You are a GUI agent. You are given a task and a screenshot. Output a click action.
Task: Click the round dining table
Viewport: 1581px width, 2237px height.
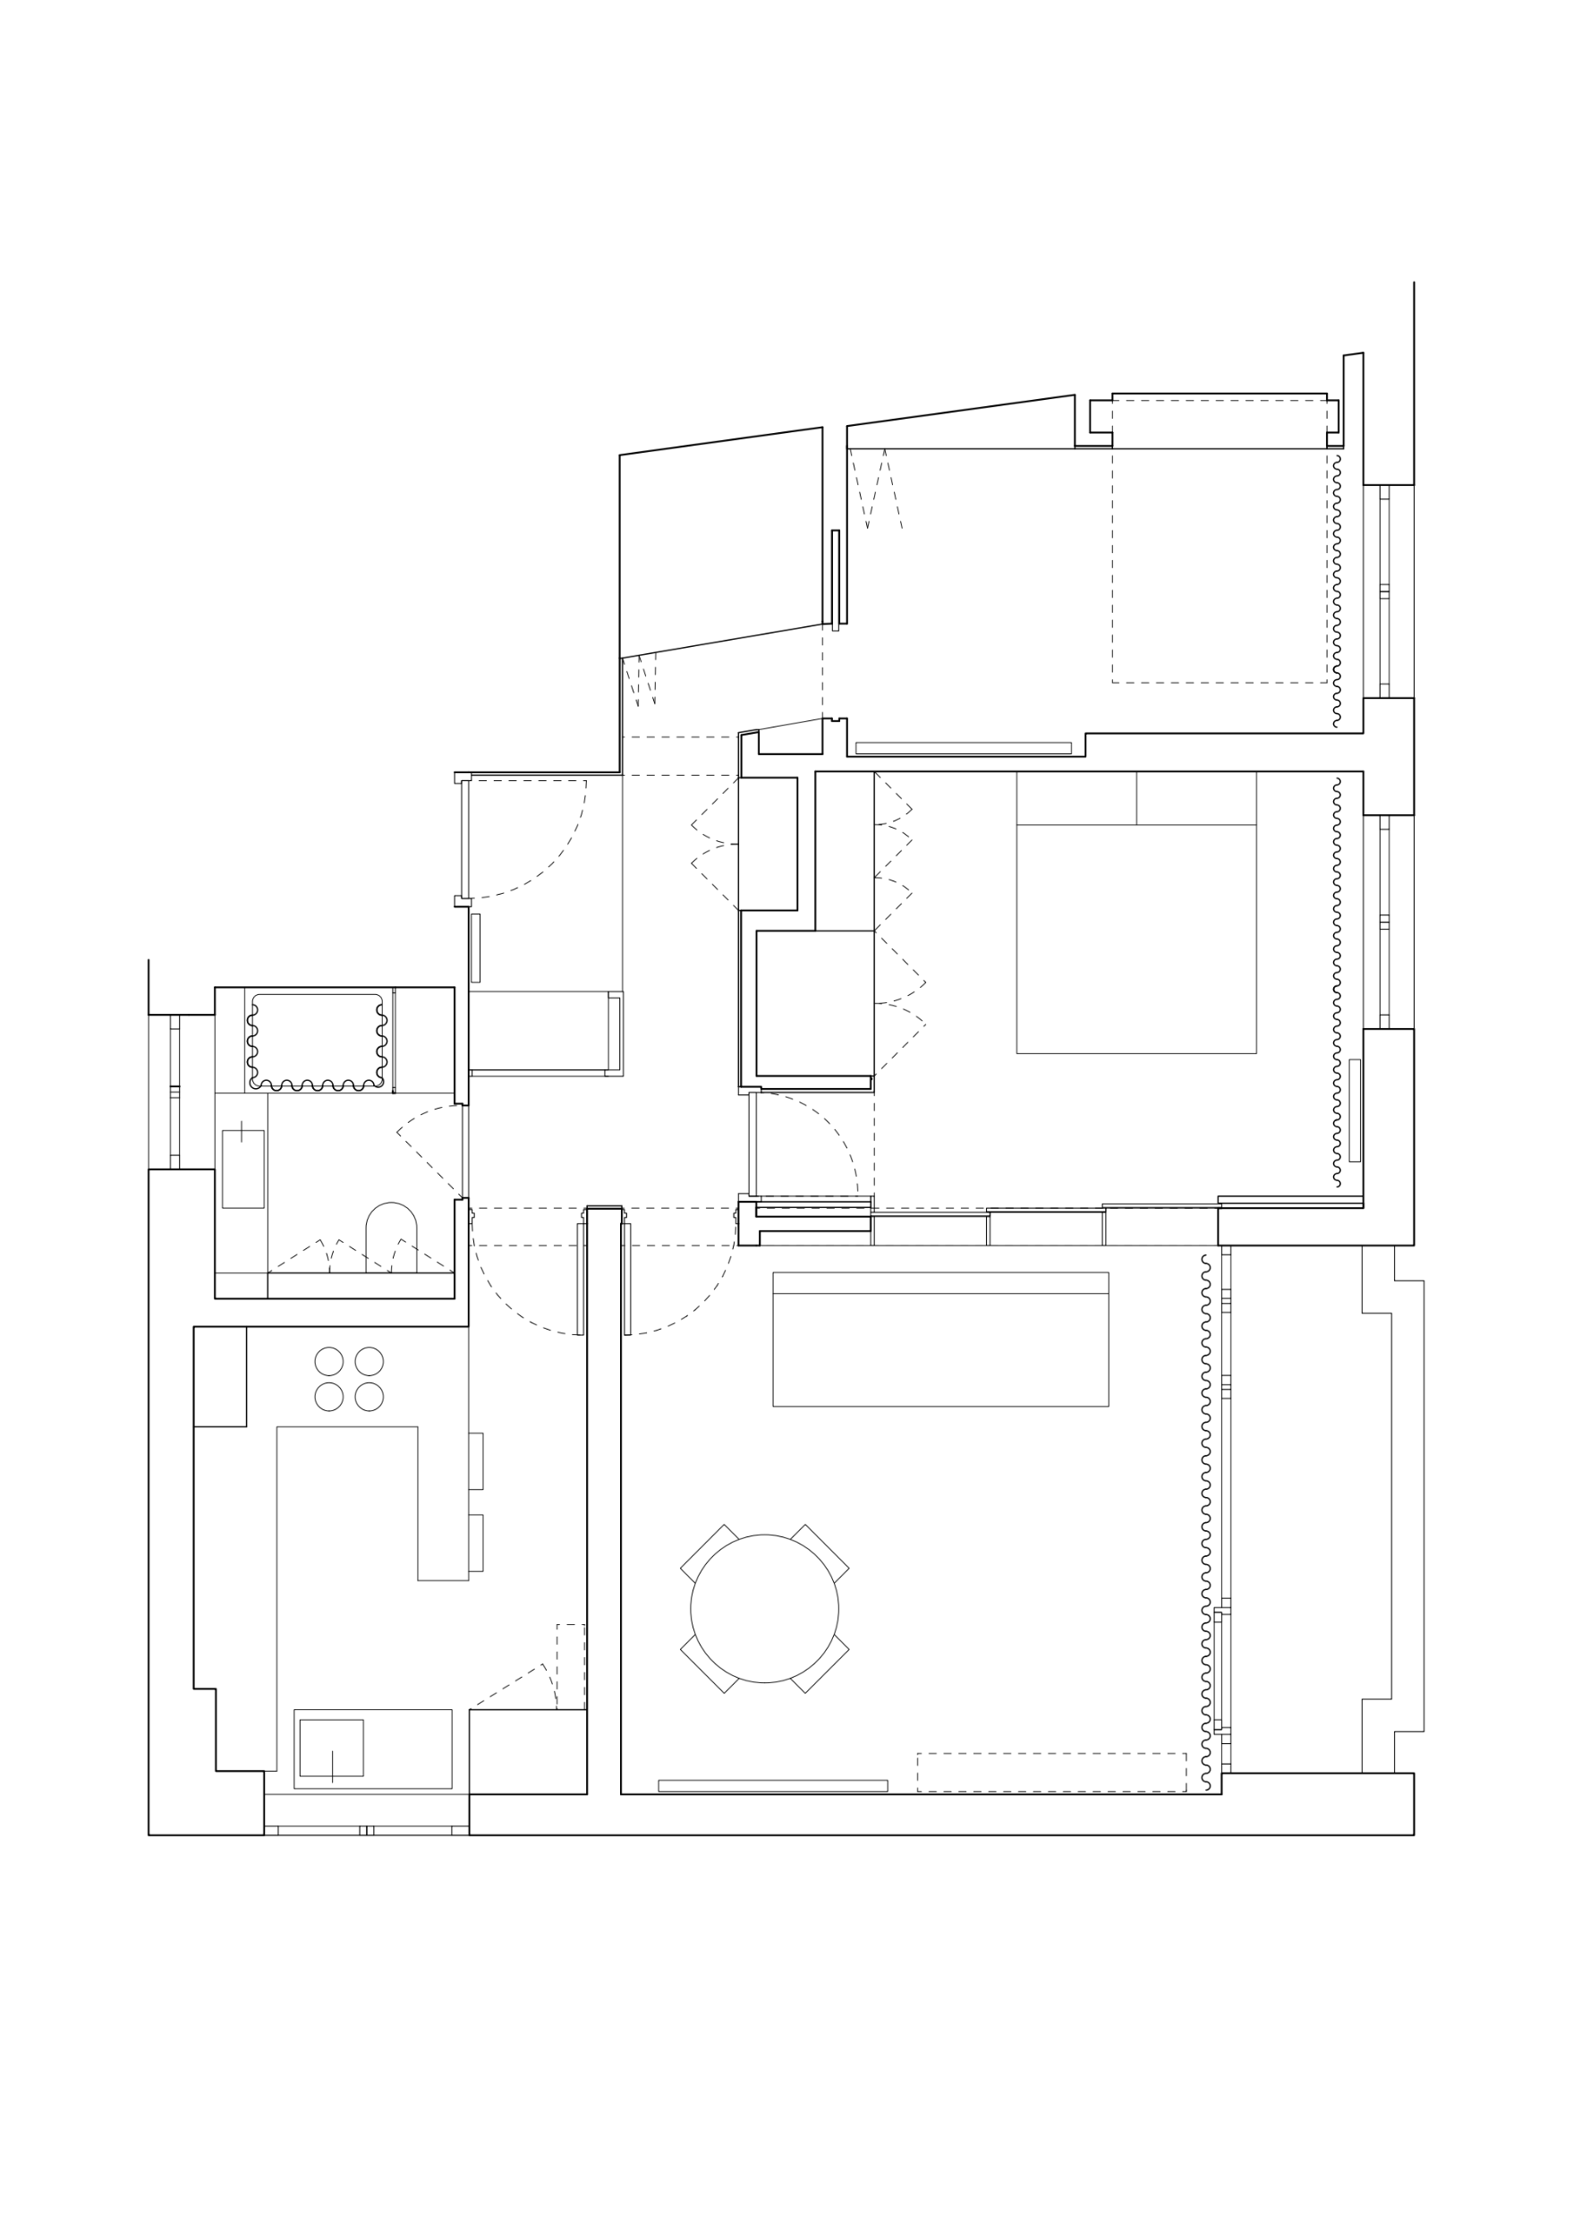(x=764, y=1609)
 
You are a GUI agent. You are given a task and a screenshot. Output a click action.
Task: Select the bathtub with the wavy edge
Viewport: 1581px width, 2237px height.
(x=317, y=1041)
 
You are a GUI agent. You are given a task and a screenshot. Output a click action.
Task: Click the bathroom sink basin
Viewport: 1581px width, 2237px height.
(x=242, y=1169)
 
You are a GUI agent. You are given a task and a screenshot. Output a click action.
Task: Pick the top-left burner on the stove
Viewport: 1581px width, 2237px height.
(x=329, y=1361)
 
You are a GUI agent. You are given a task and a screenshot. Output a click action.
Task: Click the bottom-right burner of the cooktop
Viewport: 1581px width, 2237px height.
(x=370, y=1396)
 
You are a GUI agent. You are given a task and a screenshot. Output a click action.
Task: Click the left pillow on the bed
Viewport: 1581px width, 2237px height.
(x=1075, y=798)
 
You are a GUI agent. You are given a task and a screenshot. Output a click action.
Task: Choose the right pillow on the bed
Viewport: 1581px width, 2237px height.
(x=1195, y=798)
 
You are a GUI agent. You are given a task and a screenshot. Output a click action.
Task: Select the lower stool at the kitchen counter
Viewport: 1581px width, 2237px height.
(x=476, y=1543)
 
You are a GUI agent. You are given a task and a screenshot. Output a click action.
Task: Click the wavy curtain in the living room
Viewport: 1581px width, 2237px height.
(x=1206, y=1520)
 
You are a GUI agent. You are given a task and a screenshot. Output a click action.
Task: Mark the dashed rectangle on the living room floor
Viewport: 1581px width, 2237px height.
(x=1051, y=1773)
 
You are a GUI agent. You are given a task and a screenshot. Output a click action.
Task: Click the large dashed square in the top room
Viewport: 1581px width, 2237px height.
(x=1219, y=541)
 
